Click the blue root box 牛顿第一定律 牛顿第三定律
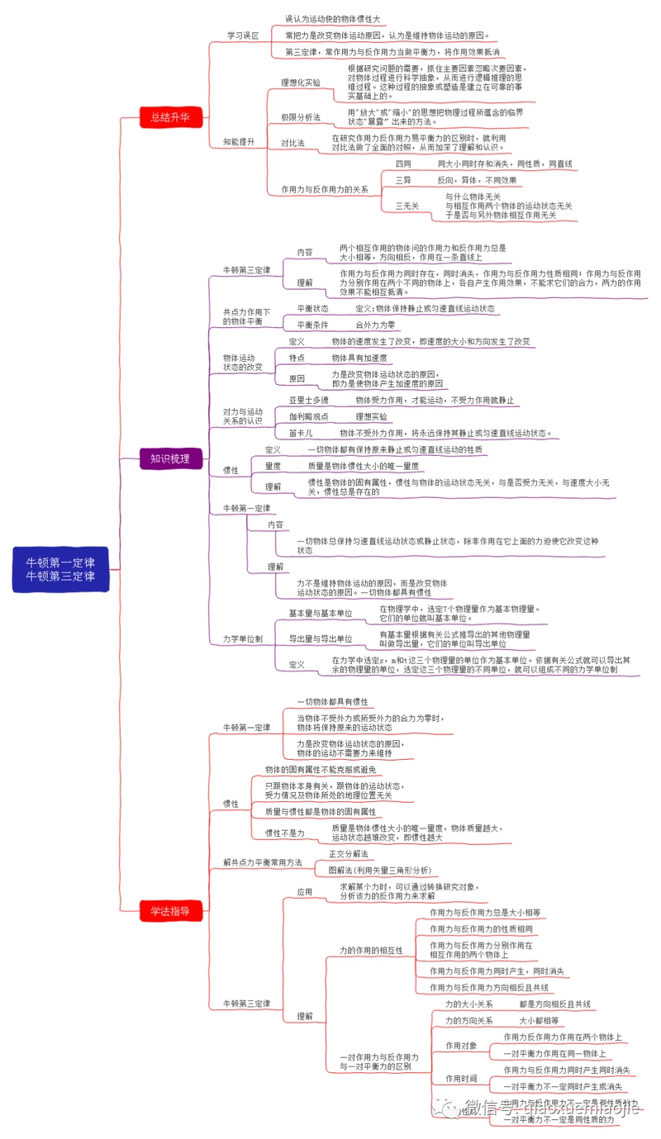(60, 569)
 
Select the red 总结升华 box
(169, 117)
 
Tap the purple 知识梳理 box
(169, 458)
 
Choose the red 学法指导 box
(169, 911)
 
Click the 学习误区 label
(243, 36)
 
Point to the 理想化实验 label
(301, 83)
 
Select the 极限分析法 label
(301, 117)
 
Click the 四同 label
(402, 164)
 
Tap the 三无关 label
(407, 206)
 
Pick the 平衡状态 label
(312, 308)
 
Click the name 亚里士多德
(309, 400)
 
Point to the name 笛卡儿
(301, 433)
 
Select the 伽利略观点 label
(309, 416)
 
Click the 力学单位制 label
(243, 638)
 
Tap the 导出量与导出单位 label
(320, 638)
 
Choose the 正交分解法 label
(348, 853)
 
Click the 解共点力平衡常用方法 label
(263, 862)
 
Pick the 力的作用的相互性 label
(371, 951)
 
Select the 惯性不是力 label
(284, 833)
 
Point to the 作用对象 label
(461, 1045)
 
